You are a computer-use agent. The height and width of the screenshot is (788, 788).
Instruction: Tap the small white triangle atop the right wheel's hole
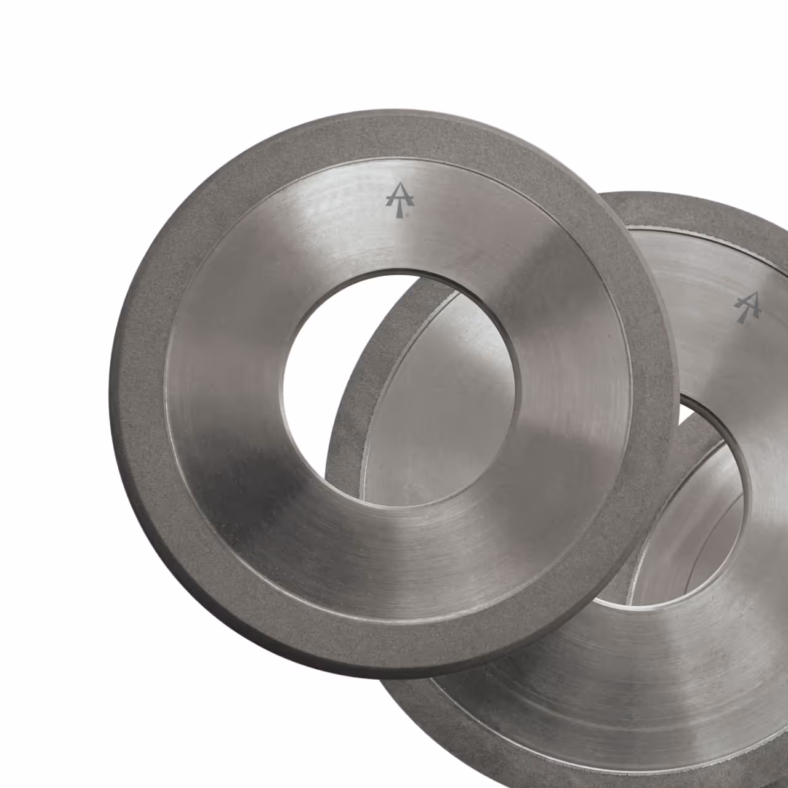point(685,416)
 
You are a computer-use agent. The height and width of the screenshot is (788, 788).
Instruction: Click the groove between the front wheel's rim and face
point(167,394)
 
